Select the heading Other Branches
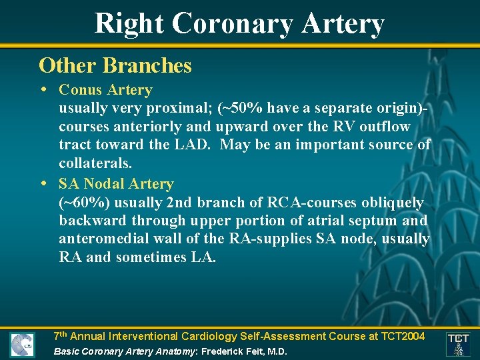point(115,65)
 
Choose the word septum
point(367,220)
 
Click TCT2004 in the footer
point(399,336)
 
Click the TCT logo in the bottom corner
point(458,344)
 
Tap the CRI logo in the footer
point(22,344)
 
